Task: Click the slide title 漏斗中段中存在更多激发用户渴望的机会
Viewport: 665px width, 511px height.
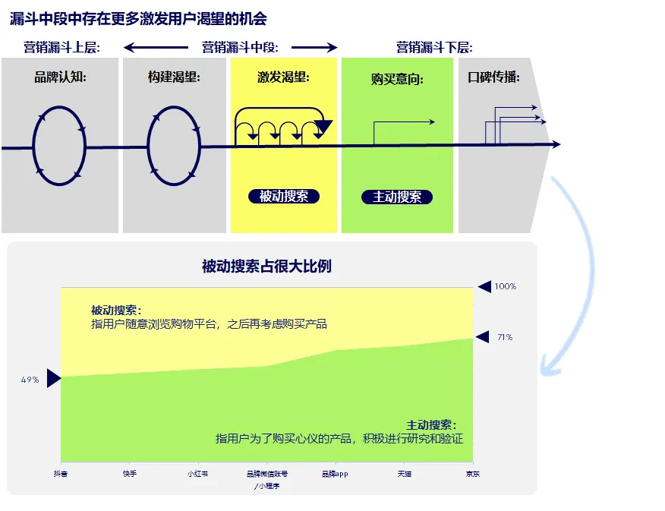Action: pos(138,18)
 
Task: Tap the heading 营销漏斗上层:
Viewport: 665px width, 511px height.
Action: pos(61,48)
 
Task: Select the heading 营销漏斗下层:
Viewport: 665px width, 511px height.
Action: pos(434,48)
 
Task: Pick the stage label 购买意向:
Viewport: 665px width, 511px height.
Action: pos(397,79)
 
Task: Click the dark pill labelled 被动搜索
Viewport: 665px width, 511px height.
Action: pos(284,196)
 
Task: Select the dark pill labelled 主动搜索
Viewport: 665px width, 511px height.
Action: pos(397,197)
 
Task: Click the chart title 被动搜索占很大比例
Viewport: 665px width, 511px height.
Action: pos(266,266)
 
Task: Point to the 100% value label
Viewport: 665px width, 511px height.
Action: pos(506,286)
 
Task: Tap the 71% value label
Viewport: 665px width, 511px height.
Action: pos(505,337)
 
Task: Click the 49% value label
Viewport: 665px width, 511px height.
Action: pos(30,380)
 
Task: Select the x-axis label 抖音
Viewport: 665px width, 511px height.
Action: pos(61,474)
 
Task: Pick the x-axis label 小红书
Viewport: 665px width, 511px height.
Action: pos(197,474)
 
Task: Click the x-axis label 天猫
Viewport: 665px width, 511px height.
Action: pos(405,474)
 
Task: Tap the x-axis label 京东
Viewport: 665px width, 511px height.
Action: pos(473,474)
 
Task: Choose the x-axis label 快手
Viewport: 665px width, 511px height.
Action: pos(130,474)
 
